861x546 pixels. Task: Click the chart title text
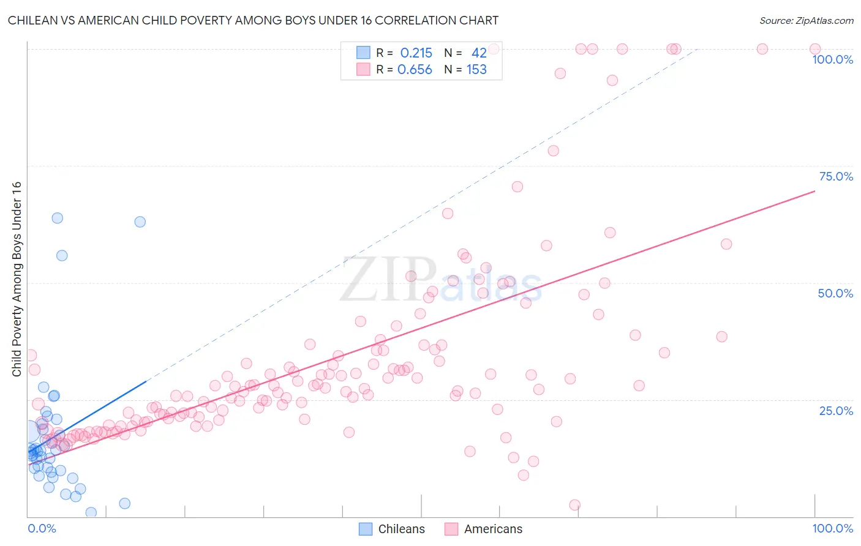[x=253, y=20]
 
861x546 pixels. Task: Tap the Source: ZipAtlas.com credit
[x=806, y=20]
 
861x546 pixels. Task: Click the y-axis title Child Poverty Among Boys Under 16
[x=17, y=279]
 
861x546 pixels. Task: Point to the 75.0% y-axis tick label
[x=836, y=176]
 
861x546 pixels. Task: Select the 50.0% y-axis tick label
[x=835, y=293]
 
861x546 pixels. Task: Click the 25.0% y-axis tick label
[x=836, y=411]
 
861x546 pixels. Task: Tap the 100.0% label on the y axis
[x=832, y=59]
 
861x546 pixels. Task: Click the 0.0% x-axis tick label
[x=42, y=528]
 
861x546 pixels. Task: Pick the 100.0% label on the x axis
[x=832, y=528]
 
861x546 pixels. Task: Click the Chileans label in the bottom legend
[x=401, y=529]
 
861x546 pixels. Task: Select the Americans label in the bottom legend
[x=493, y=529]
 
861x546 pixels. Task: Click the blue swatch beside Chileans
[x=366, y=529]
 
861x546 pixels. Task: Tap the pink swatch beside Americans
[x=451, y=529]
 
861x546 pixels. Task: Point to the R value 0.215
[x=416, y=53]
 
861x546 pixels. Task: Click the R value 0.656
[x=415, y=70]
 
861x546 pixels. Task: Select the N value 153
[x=476, y=70]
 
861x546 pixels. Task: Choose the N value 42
[x=479, y=53]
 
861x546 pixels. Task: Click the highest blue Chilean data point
[x=57, y=218]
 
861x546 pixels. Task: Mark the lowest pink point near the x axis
[x=574, y=505]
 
